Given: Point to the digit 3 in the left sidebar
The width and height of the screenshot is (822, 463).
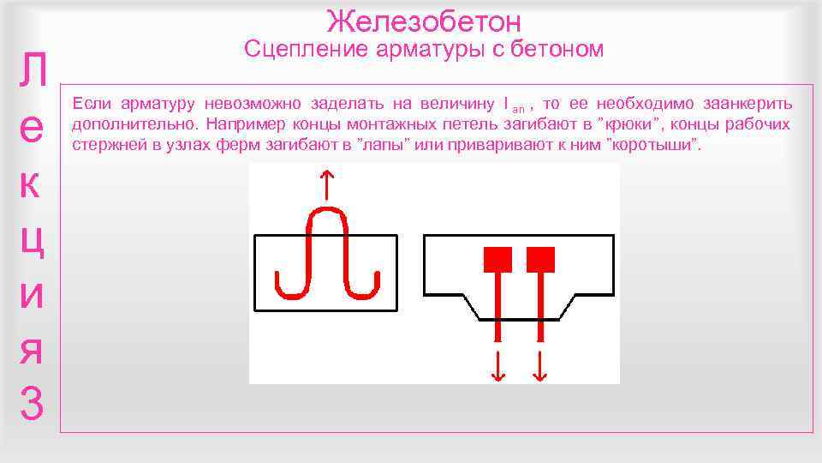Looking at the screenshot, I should pos(32,404).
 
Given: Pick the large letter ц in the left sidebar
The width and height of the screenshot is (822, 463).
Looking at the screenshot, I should pos(32,241).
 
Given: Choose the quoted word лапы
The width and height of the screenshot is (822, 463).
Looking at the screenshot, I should pos(376,145).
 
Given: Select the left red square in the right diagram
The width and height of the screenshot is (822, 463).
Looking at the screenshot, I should pos(497,258).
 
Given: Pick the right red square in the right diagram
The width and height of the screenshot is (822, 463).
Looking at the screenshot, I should pos(540,258).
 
